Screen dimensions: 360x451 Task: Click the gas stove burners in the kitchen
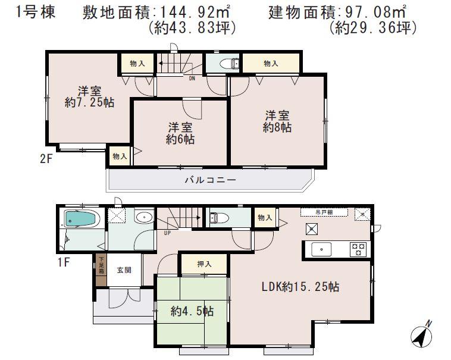pos(358,249)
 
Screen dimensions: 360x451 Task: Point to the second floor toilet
pos(227,64)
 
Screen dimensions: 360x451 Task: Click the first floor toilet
pos(217,217)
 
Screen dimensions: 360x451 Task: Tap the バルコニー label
pos(209,180)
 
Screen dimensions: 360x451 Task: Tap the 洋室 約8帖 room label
pos(277,121)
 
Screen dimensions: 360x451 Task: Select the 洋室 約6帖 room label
pos(181,133)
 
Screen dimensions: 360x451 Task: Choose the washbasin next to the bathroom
pos(143,217)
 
